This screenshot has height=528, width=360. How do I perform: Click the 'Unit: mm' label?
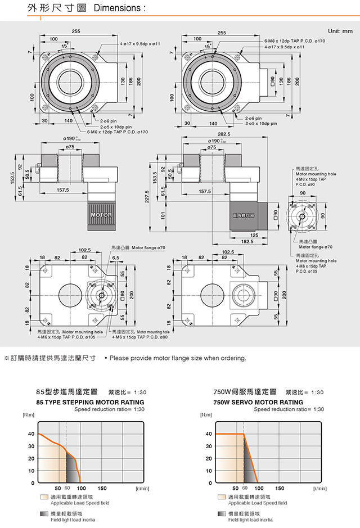tap(340, 31)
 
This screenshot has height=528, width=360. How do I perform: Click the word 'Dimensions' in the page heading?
tap(116, 9)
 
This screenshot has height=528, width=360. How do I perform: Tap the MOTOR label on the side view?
tap(101, 215)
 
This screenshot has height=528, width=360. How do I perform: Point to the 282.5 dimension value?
tap(224, 135)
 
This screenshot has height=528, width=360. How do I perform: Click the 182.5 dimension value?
tap(247, 241)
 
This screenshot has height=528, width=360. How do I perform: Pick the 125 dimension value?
tap(254, 234)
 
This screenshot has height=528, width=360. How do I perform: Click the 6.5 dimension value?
tap(116, 257)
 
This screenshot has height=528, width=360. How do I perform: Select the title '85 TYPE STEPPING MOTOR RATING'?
tap(90, 403)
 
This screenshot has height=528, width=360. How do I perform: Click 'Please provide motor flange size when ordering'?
tap(178, 358)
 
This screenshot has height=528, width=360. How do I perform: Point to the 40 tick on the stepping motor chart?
tap(30, 434)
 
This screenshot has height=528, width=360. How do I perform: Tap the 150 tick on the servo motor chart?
tap(280, 489)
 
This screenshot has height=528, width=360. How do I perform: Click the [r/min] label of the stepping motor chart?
tap(142, 489)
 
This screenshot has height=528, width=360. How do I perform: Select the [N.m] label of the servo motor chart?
tap(206, 415)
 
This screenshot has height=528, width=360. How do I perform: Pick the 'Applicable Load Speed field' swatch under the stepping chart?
tap(44, 498)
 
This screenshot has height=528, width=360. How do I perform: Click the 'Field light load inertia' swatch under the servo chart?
tap(222, 515)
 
